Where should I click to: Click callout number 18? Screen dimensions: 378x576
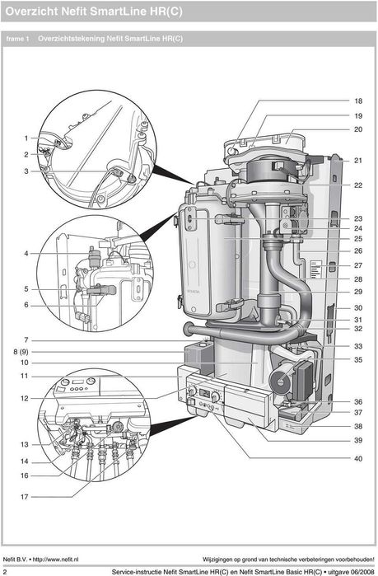(x=358, y=101)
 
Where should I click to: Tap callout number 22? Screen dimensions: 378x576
(x=358, y=185)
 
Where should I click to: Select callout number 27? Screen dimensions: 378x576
(x=358, y=265)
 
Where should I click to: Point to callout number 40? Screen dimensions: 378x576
(x=358, y=458)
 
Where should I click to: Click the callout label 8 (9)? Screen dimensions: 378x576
(x=21, y=352)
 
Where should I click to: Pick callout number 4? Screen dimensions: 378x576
(x=26, y=254)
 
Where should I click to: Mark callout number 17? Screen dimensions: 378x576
(x=24, y=497)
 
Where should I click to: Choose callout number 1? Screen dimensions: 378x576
(x=26, y=138)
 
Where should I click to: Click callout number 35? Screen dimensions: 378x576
(x=358, y=359)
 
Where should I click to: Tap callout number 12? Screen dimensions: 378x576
(x=24, y=398)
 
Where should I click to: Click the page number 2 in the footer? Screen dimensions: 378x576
(x=5, y=572)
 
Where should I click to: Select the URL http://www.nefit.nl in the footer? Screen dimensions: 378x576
(x=55, y=560)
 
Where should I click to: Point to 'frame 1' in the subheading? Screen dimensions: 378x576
(x=17, y=39)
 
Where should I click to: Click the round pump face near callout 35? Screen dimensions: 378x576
(x=280, y=382)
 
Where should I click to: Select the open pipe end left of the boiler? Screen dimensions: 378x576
(x=188, y=329)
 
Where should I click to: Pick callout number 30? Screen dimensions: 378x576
(x=358, y=308)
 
